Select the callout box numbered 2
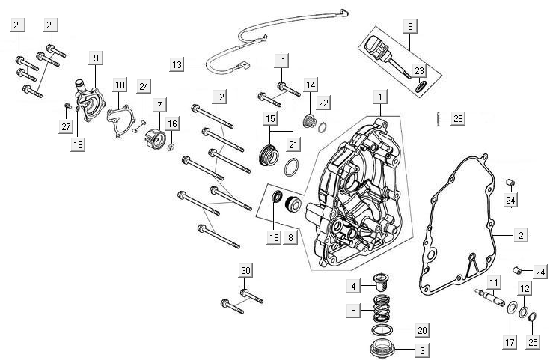[520, 235]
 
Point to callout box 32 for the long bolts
[219, 97]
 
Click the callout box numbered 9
[97, 58]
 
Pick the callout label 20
[422, 329]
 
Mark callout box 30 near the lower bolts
[245, 270]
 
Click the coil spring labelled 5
[384, 308]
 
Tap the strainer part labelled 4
[383, 284]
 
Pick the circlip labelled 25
[533, 320]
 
